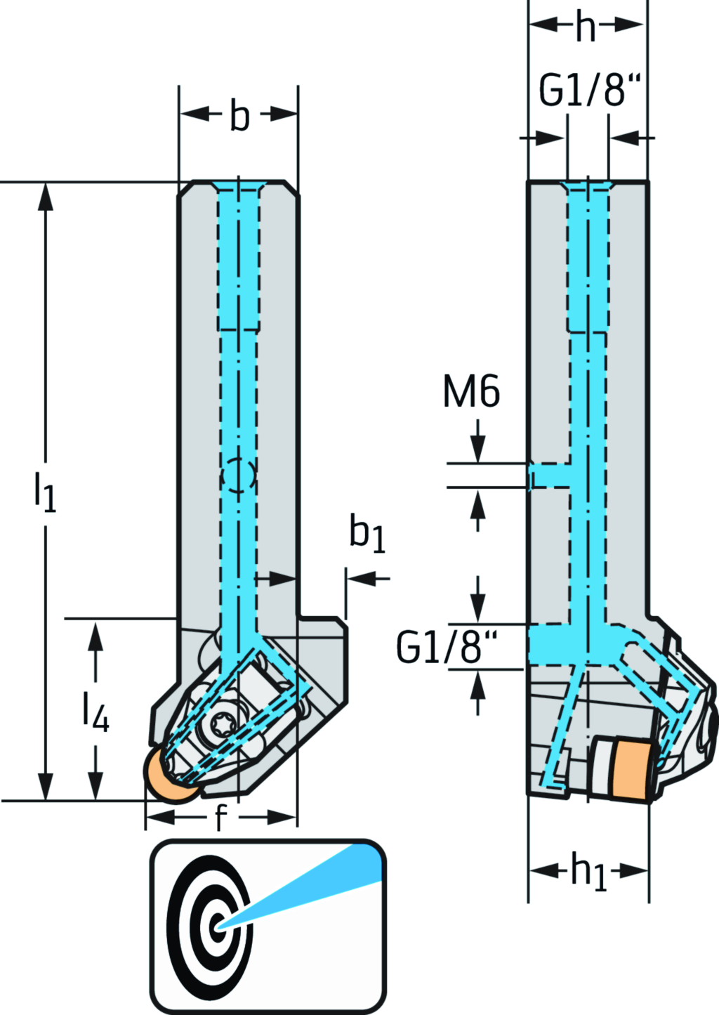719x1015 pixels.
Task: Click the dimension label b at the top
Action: [x=239, y=116]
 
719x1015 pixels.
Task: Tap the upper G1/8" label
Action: [x=590, y=90]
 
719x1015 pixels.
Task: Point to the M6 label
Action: [x=471, y=392]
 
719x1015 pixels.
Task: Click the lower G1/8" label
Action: [x=447, y=648]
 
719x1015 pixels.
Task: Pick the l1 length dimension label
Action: [x=45, y=491]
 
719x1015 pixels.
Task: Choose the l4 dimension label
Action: [x=95, y=711]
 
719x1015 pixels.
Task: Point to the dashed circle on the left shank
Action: [x=238, y=476]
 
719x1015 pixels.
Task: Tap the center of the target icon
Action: [x=218, y=926]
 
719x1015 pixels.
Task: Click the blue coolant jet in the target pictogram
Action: [x=316, y=884]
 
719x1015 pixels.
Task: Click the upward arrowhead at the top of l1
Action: [x=46, y=197]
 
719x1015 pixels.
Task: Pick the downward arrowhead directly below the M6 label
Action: [x=478, y=450]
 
